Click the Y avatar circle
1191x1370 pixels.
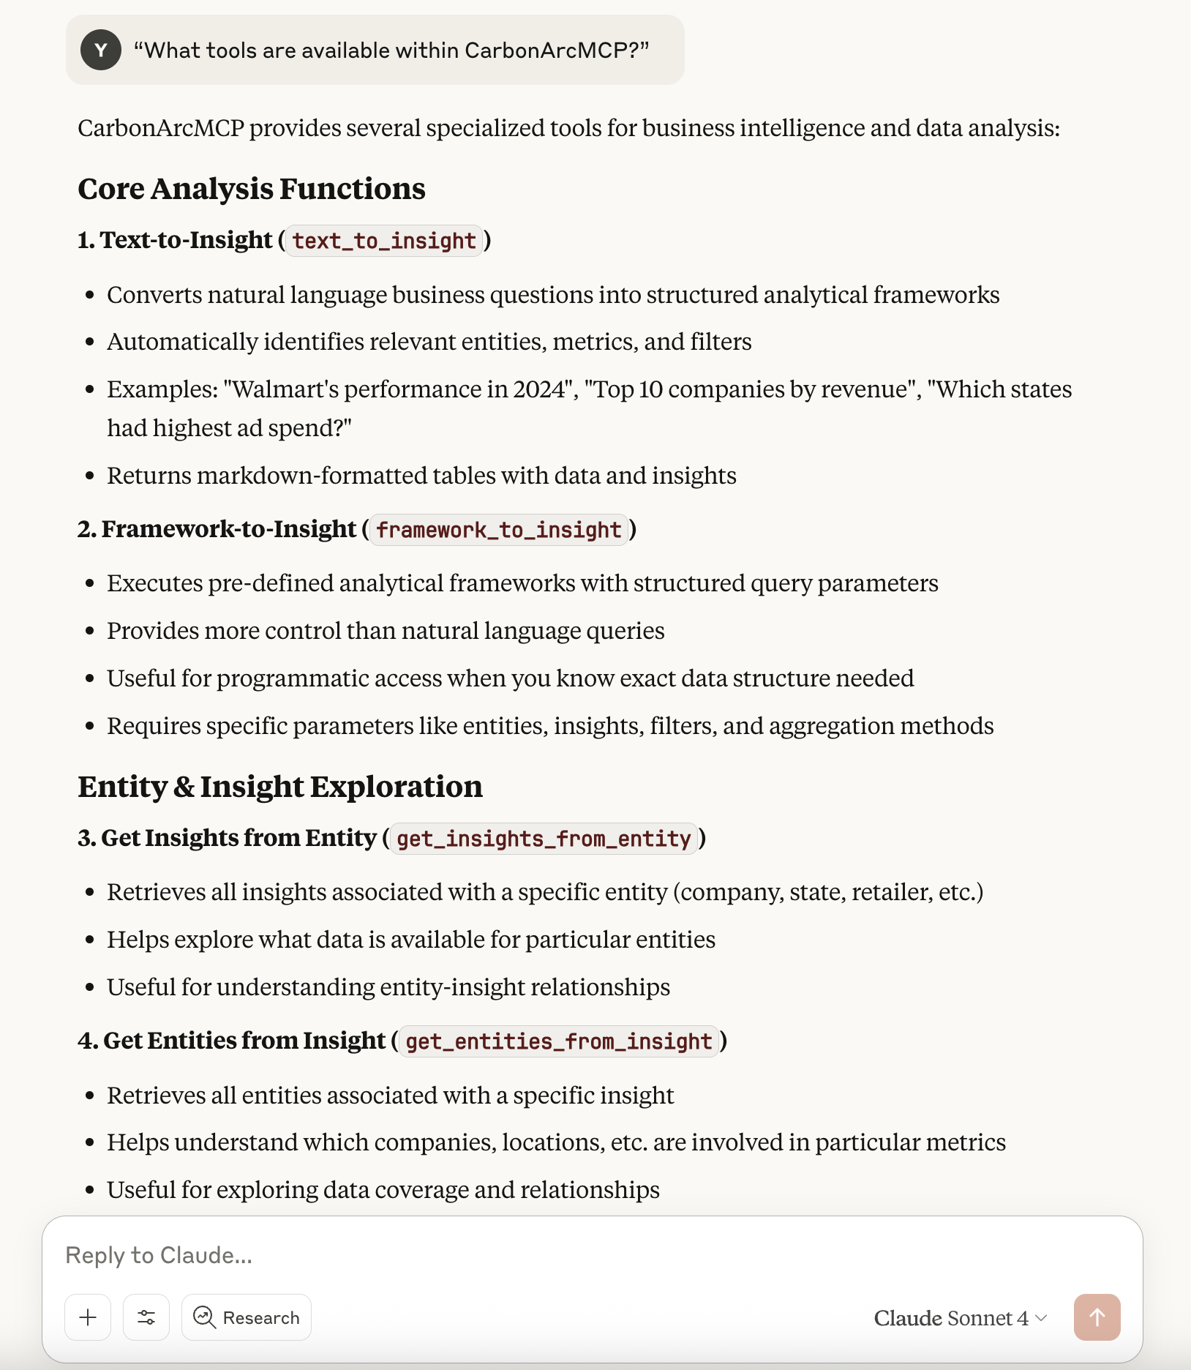pos(101,50)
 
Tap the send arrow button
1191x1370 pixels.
pos(1097,1317)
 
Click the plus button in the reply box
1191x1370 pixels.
pos(88,1317)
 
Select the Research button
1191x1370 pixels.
pos(247,1317)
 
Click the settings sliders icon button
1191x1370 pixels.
pos(146,1317)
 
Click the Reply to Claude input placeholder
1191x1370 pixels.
pos(159,1255)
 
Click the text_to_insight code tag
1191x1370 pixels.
pos(384,241)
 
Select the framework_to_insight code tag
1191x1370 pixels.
pos(499,530)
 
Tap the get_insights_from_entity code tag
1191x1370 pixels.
pos(544,839)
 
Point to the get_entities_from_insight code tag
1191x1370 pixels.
pos(559,1041)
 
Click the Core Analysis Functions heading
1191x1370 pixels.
pos(251,189)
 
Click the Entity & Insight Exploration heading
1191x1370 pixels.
pos(280,787)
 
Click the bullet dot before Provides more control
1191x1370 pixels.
pos(90,631)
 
